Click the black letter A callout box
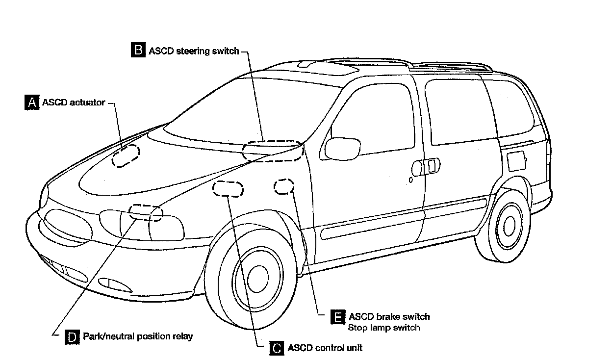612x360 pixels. [x=31, y=103]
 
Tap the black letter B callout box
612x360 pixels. [x=138, y=50]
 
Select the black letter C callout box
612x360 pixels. [x=277, y=348]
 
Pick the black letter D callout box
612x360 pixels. [x=72, y=336]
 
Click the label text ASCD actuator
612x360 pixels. [x=74, y=103]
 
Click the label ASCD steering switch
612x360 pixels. [x=193, y=51]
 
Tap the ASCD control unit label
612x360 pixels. [x=325, y=348]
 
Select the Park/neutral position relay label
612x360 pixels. [x=138, y=336]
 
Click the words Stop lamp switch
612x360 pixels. [x=383, y=327]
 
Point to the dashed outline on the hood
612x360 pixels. [x=126, y=156]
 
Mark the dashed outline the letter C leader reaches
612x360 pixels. [x=228, y=189]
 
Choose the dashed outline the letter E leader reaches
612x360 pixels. [x=284, y=186]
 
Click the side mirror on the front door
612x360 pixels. [x=342, y=149]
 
